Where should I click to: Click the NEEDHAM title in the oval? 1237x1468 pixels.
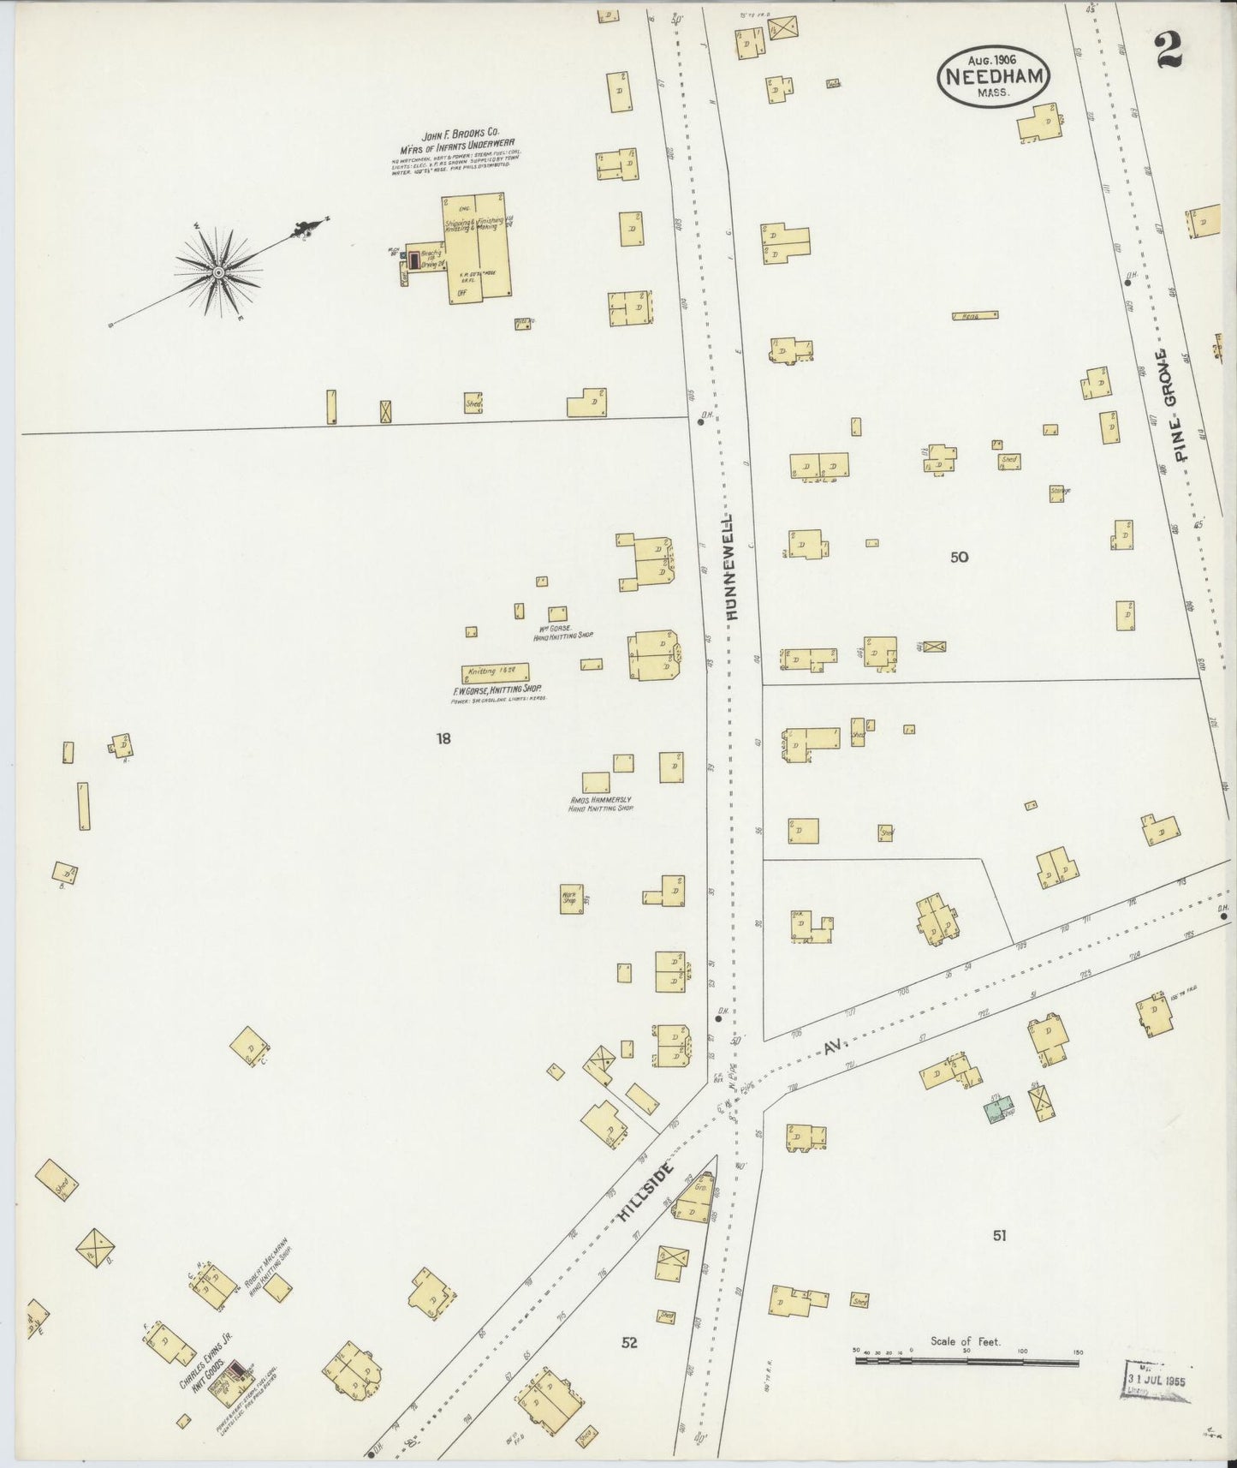[x=993, y=75]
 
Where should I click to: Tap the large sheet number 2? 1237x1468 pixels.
[x=1168, y=50]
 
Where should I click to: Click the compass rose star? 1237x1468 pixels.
[x=218, y=273]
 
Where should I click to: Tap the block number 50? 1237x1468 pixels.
[x=959, y=558]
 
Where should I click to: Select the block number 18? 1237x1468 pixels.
[x=443, y=738]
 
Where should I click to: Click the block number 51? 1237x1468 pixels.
[x=999, y=1235]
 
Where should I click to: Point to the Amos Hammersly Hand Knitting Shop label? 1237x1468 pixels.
[x=601, y=804]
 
